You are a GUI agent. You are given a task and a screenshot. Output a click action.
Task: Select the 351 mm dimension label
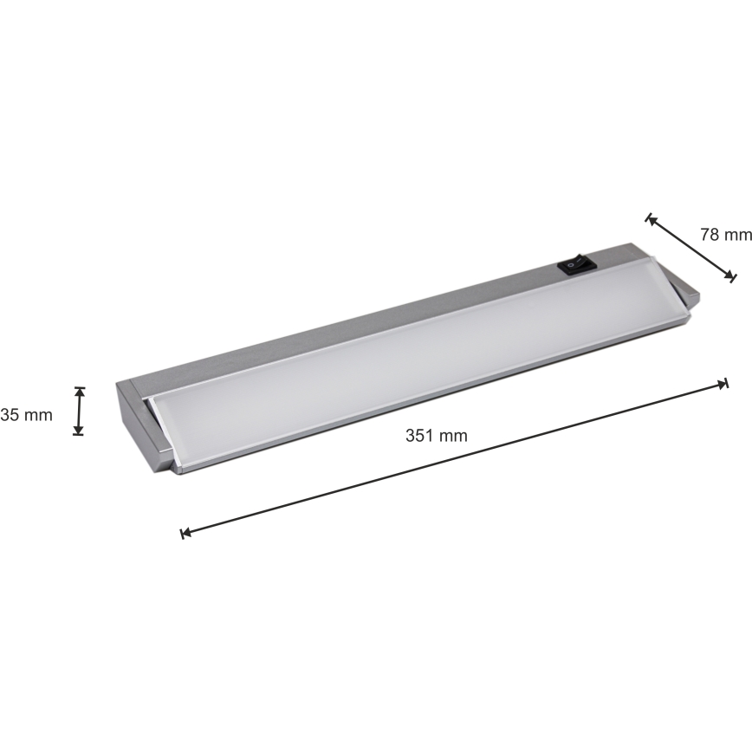(436, 436)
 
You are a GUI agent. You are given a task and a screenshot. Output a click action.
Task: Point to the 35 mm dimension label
(27, 415)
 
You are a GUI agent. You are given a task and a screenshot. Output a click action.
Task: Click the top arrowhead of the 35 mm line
(79, 391)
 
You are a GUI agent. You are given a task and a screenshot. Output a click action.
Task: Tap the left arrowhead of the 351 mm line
(185, 534)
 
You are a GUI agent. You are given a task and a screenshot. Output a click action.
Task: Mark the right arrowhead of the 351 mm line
(723, 384)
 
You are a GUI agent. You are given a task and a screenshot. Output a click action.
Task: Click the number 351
(419, 436)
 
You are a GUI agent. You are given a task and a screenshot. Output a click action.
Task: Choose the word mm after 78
(739, 235)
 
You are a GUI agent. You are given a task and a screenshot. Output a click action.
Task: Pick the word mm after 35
(38, 415)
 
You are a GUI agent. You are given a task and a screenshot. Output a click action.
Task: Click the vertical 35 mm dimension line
(79, 411)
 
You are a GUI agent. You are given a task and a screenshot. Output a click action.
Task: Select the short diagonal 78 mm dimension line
(690, 248)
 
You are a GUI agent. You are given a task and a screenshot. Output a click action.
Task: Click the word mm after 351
(452, 436)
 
